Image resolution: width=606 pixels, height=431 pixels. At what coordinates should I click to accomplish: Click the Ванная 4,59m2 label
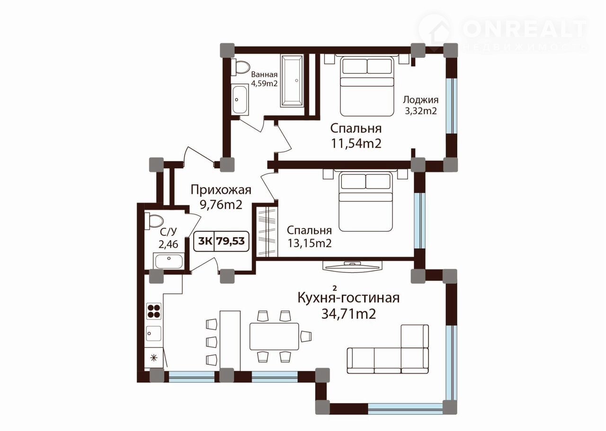pos(264,79)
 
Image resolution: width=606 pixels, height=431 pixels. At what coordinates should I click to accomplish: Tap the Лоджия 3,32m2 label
pos(421,105)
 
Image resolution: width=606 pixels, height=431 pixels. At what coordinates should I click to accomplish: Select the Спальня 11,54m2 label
pos(356,135)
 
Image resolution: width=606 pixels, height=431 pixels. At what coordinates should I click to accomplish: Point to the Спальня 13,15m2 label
pos(309,237)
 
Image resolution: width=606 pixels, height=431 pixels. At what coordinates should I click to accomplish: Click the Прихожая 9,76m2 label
pos(221,197)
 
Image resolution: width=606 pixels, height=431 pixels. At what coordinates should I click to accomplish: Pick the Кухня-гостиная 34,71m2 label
pos(348,305)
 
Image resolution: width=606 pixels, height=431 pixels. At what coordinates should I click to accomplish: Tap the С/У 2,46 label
pos(168,238)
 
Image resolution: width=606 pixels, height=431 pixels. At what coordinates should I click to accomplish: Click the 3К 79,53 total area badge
pos(221,241)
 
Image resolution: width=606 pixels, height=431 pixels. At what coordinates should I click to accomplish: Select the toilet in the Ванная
pos(241,67)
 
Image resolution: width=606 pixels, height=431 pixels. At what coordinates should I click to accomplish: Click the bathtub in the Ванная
pos(292,81)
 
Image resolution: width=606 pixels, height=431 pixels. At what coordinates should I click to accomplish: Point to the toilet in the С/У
pos(154,221)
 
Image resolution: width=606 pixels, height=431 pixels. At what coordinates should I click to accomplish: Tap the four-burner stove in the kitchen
pos(154,311)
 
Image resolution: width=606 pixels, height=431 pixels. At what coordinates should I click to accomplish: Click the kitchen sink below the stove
pos(154,333)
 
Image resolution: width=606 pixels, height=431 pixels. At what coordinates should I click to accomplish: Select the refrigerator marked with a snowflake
pos(154,358)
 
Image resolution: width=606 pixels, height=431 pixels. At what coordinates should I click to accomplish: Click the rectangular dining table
pos(274,337)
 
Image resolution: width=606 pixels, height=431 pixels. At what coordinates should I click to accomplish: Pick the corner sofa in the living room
pos(388,349)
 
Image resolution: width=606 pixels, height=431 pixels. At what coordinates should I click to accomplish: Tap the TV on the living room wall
pos(352,266)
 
